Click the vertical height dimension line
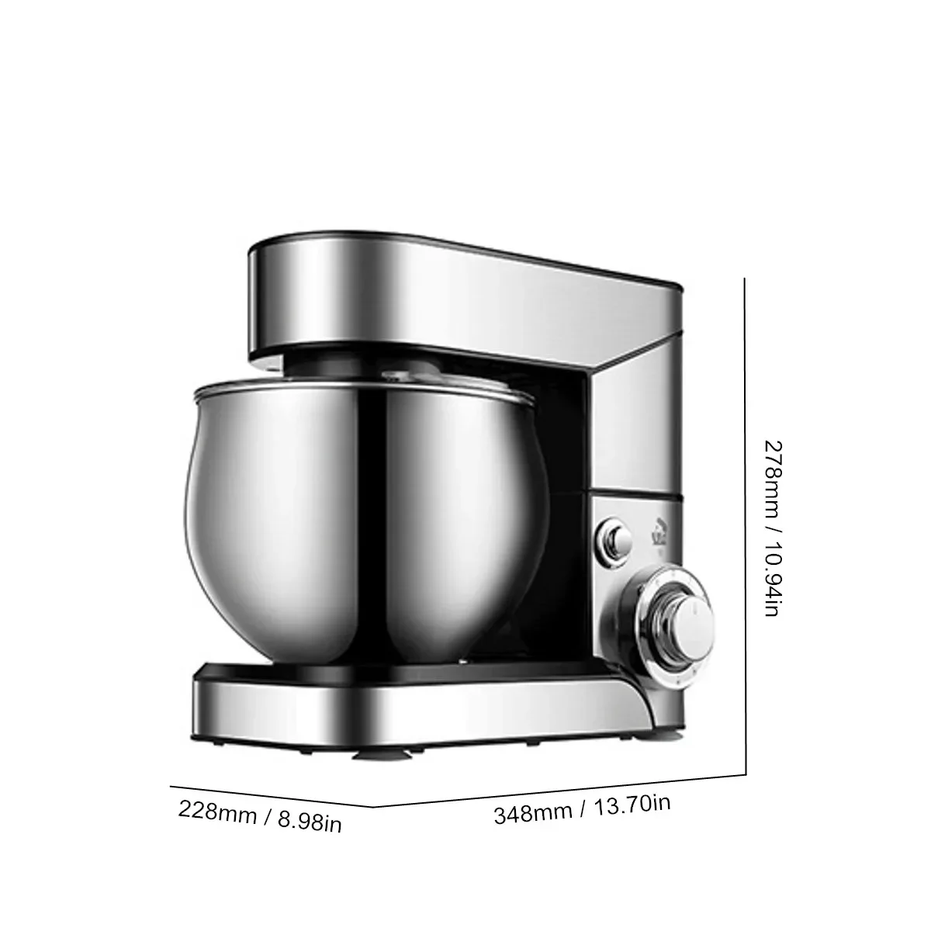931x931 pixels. click(x=746, y=528)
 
